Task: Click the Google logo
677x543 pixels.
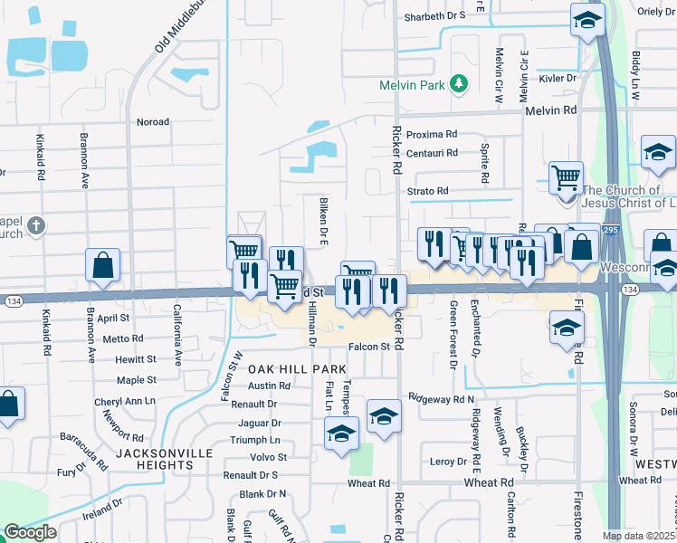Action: click(30, 531)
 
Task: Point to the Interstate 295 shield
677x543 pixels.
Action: click(614, 231)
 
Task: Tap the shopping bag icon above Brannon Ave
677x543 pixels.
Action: click(103, 265)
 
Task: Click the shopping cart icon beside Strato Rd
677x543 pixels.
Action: click(566, 177)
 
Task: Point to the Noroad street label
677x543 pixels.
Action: click(152, 121)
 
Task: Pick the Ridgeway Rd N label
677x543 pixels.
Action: click(441, 398)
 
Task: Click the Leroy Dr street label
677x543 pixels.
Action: click(448, 461)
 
